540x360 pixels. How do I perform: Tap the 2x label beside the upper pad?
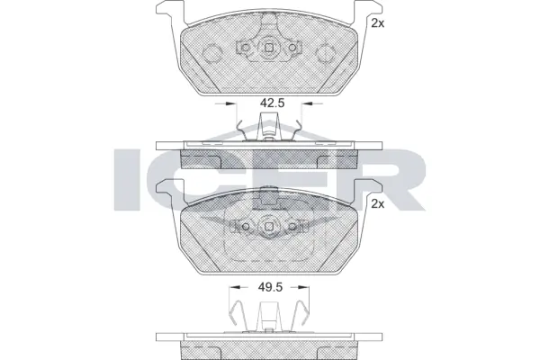coord(377,24)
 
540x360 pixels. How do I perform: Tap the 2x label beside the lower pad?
coord(377,204)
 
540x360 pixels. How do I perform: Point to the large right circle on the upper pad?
coord(328,48)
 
